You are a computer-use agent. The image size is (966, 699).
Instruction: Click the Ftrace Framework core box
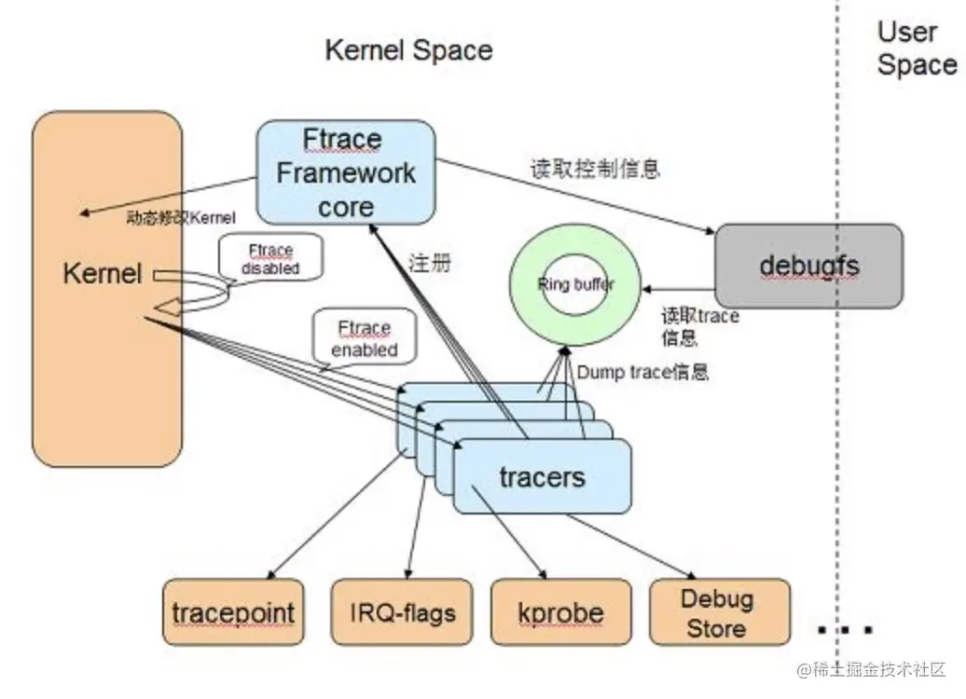pos(345,172)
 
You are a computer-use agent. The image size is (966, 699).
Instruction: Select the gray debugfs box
pos(808,266)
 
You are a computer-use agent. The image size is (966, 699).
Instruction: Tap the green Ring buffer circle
pos(575,284)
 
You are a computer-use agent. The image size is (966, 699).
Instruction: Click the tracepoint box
pos(233,612)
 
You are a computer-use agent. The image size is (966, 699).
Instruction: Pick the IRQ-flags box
pos(404,612)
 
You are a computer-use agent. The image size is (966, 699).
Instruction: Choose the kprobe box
pos(559,612)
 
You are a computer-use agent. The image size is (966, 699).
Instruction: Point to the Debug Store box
pos(718,612)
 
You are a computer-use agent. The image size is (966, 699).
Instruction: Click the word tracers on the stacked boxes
pos(542,478)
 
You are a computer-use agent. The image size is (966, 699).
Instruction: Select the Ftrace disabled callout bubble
pos(270,258)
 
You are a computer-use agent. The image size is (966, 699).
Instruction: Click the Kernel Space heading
pos(408,50)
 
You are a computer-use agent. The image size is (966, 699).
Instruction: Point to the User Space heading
pos(915,48)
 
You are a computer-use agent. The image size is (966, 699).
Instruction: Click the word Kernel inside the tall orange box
pos(103,273)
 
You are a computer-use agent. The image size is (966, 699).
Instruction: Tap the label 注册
pos(430,263)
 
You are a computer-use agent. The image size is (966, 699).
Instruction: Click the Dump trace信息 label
pos(642,372)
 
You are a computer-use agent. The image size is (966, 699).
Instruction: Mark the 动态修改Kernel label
pos(182,218)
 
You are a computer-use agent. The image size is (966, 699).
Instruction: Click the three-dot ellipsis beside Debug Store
pos(844,630)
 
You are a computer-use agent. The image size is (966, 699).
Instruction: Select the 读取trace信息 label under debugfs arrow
pos(699,326)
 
